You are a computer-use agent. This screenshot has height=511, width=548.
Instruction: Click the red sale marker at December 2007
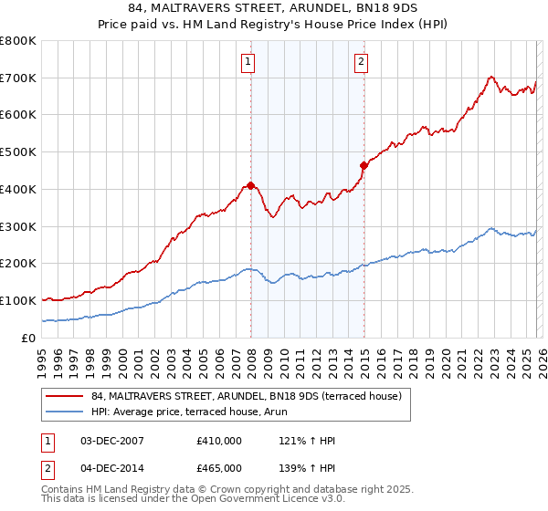(250, 185)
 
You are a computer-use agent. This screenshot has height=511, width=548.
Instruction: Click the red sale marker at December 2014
(364, 165)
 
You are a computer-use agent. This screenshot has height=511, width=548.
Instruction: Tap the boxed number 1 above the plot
(248, 62)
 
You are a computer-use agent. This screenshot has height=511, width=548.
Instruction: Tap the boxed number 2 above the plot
(362, 62)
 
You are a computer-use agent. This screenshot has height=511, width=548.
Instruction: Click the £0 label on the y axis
(29, 338)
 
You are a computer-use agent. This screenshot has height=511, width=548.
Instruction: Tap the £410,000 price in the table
(219, 441)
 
